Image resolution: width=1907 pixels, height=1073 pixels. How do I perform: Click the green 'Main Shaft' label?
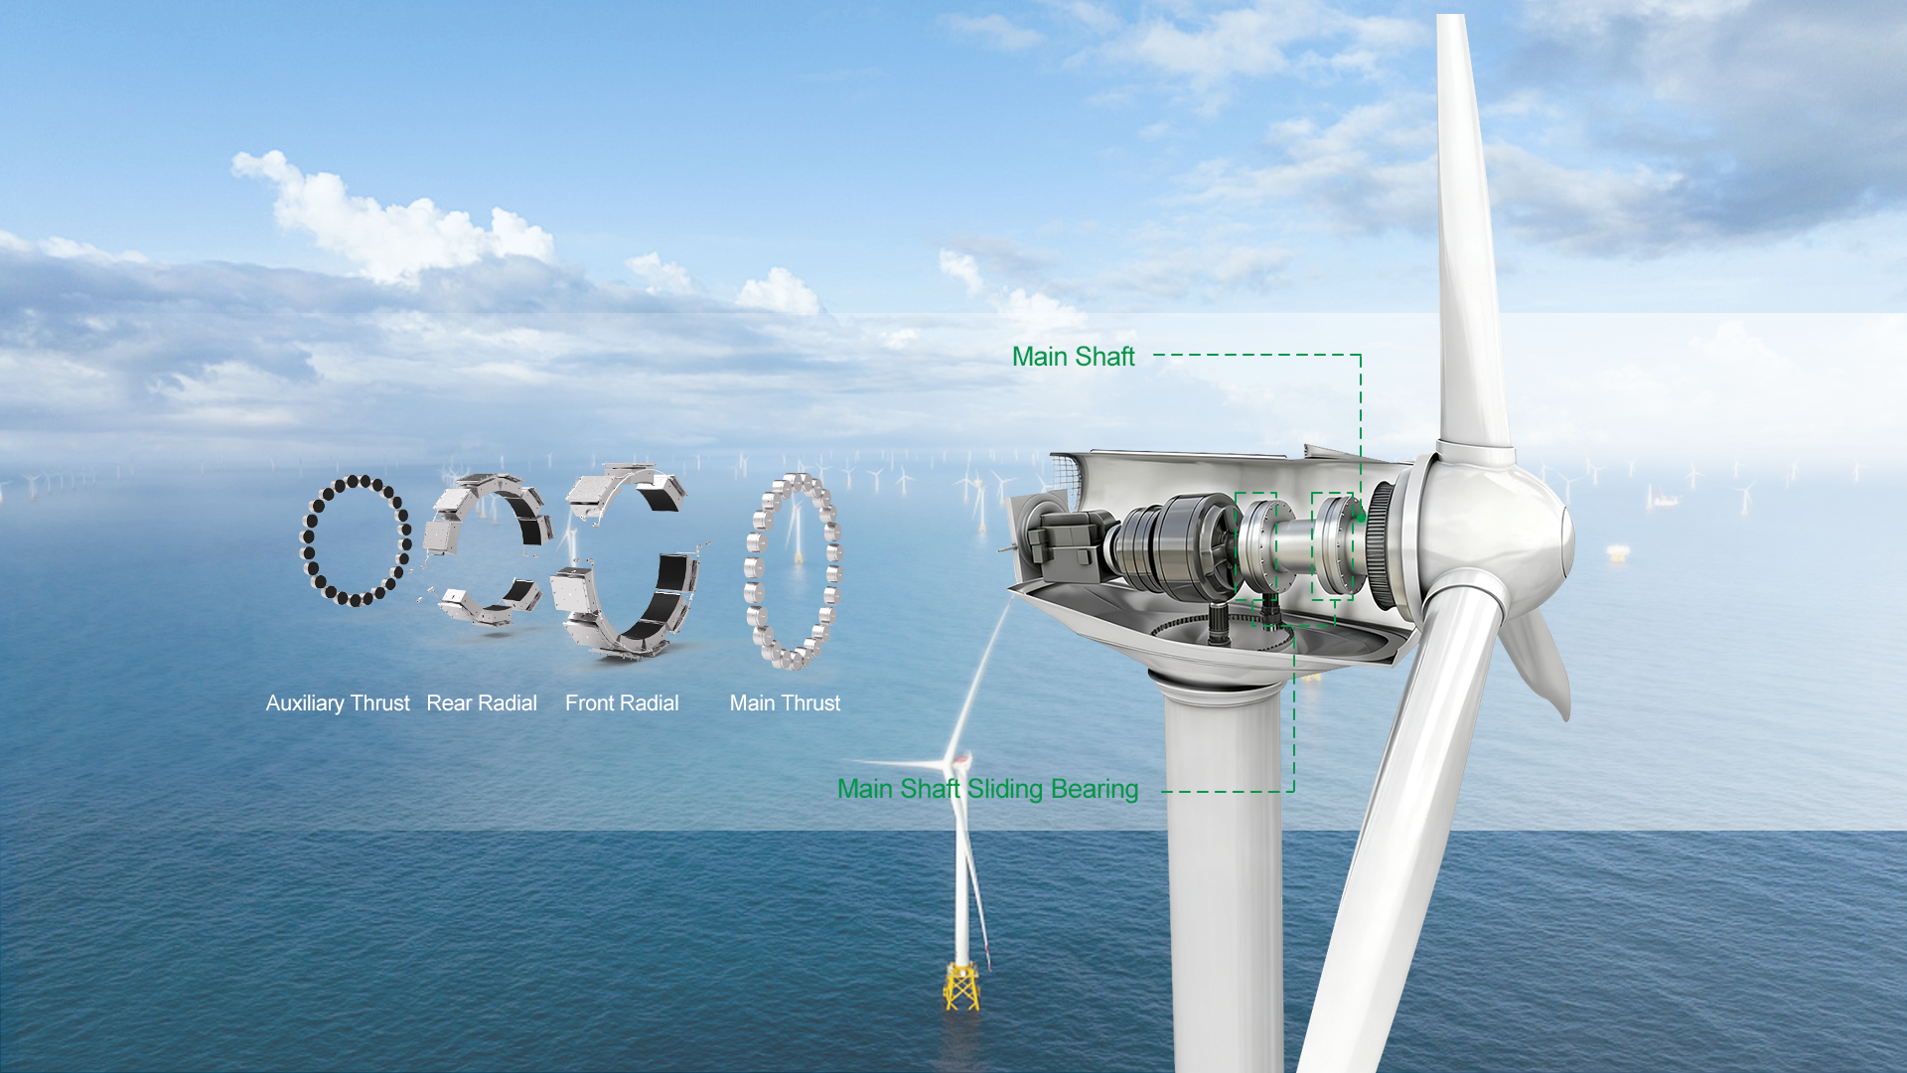pos(1073,357)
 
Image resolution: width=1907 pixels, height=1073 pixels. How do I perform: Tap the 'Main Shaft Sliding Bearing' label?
pos(987,789)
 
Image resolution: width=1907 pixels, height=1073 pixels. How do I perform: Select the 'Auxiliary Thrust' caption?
pos(338,703)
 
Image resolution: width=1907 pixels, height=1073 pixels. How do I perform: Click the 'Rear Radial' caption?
pos(482,703)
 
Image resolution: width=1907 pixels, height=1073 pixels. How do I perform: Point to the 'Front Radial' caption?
pos(622,703)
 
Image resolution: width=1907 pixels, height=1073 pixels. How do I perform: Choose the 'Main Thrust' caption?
pos(785,703)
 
